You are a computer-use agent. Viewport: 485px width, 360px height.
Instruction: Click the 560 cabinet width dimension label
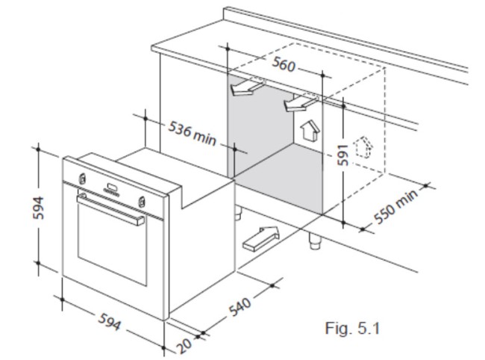point(284,64)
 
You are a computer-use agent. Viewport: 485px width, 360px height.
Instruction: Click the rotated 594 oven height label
point(39,208)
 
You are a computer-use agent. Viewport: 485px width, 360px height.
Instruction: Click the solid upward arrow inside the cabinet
point(308,131)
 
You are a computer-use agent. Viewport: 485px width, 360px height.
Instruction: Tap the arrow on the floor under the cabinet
point(259,239)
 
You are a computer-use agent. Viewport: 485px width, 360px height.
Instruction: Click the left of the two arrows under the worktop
point(243,88)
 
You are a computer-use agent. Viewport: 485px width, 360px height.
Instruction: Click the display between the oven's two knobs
point(111,188)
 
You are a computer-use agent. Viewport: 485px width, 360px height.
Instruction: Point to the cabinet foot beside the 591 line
point(314,240)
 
